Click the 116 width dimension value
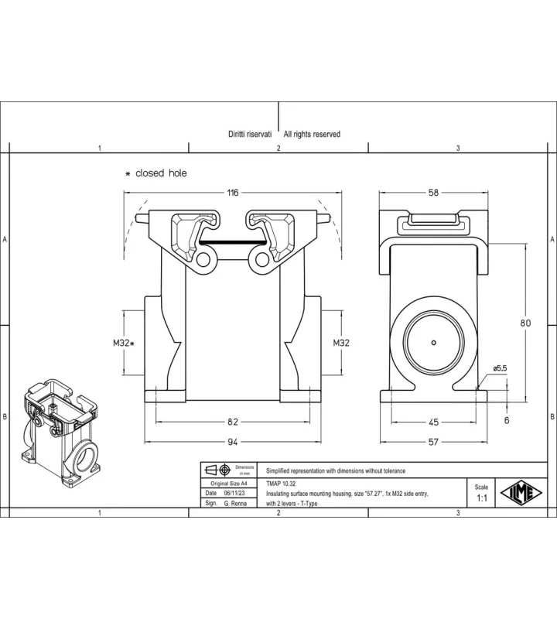(x=233, y=193)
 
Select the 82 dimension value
(x=233, y=422)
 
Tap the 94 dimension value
(x=233, y=442)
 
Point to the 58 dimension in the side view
(x=433, y=193)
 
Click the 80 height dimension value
(x=525, y=323)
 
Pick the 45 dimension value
(x=433, y=422)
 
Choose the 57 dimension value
(x=433, y=442)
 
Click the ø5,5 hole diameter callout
(x=500, y=368)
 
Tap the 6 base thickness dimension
(x=507, y=420)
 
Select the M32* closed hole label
(x=124, y=343)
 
